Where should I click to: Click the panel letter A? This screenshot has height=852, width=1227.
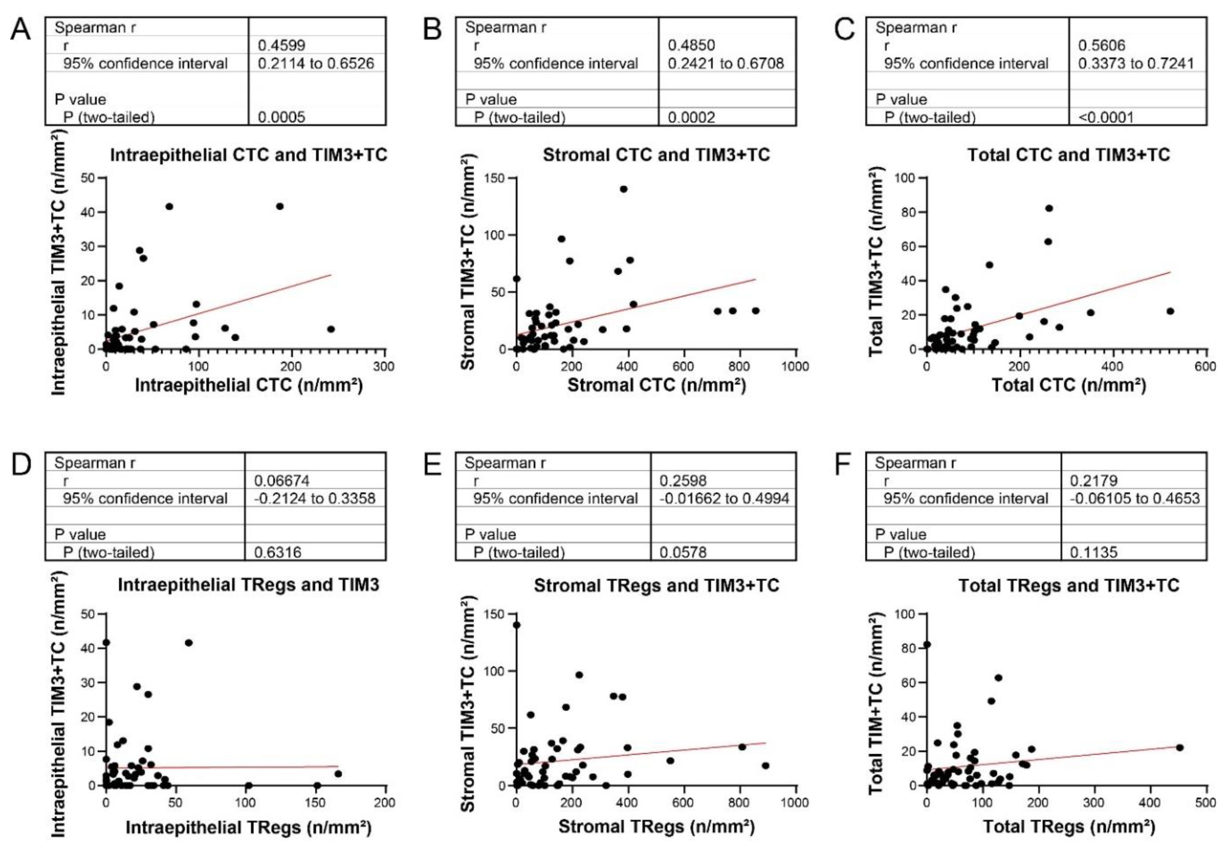point(20,29)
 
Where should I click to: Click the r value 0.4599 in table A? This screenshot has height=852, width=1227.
point(281,45)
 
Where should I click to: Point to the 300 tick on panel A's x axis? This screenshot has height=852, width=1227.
point(384,366)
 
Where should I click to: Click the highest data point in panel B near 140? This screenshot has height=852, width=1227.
point(623,189)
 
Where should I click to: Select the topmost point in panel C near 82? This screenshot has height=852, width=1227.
point(1049,208)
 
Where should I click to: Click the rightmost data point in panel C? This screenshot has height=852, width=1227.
point(1170,311)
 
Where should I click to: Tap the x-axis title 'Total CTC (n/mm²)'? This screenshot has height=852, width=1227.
point(1068,385)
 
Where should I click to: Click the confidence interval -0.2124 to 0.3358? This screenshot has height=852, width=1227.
point(315,499)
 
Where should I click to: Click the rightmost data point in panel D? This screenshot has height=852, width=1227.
point(338,774)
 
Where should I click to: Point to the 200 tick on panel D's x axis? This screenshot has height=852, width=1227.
point(384,802)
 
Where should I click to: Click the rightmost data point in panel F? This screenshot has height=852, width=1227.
point(1180,747)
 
